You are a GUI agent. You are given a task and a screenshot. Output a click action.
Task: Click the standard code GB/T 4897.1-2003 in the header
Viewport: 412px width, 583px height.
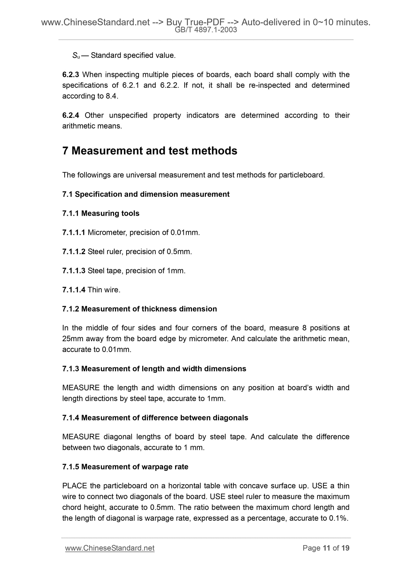coord(206,30)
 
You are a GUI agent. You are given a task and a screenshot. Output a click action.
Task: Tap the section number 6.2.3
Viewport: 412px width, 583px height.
coord(70,75)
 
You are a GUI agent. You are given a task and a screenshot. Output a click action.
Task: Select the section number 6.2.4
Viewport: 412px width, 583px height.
coord(70,115)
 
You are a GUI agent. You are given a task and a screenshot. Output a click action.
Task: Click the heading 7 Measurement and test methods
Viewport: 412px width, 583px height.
coord(149,151)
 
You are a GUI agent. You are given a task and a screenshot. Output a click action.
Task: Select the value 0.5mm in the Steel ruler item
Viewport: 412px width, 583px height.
coord(178,252)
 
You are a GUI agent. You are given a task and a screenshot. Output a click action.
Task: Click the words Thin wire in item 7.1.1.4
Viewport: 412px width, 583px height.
coord(103,290)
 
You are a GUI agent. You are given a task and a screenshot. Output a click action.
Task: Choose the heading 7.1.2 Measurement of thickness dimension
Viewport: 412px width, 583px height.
coord(139,309)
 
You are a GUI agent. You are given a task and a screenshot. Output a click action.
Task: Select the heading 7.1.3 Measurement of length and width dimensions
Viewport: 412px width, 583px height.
coord(154,369)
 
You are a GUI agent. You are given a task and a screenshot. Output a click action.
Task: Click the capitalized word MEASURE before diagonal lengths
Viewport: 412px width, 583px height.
coord(81,437)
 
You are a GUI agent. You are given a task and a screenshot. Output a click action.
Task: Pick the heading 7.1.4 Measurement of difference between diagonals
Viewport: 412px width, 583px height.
coord(155,418)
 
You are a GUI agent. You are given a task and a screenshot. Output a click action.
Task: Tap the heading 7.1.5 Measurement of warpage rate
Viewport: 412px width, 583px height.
coord(125,467)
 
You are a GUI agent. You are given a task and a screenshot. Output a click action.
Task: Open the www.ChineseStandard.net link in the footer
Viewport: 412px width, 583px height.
coord(110,548)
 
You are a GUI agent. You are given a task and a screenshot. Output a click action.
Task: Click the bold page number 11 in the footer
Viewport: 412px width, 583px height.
coord(326,548)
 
